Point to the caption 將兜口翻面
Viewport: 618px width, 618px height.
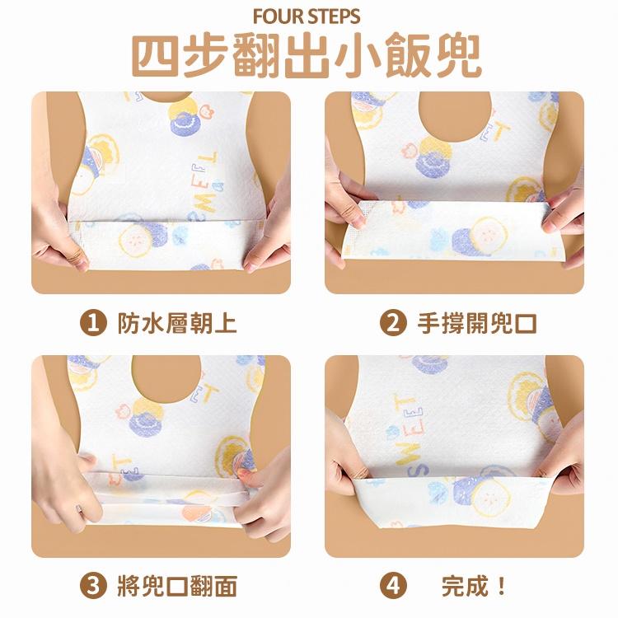[176, 586]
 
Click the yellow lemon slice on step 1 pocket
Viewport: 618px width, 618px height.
[133, 240]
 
